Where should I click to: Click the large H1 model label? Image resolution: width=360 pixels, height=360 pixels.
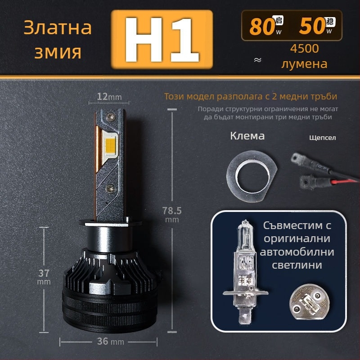tap(162, 40)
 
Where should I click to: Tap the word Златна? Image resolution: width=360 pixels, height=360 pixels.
tap(57, 28)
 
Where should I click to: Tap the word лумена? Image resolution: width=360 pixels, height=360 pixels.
tap(304, 64)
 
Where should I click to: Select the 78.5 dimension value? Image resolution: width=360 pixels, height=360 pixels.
tap(171, 210)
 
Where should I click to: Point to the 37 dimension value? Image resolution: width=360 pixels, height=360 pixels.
tap(44, 273)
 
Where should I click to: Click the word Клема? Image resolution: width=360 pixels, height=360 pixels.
tap(247, 136)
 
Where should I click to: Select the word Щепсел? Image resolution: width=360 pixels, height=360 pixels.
tap(323, 138)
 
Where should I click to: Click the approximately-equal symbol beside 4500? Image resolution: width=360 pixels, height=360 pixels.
tap(258, 60)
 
